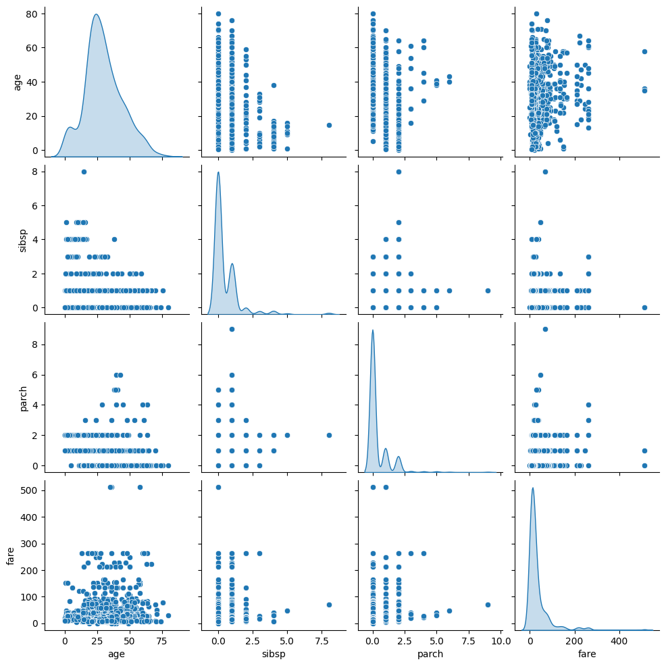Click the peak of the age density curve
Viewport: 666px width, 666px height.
click(x=96, y=15)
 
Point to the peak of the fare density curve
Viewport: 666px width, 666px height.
click(x=533, y=488)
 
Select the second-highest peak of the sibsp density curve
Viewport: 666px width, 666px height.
click(x=232, y=263)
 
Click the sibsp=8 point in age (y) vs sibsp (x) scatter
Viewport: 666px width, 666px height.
click(x=329, y=125)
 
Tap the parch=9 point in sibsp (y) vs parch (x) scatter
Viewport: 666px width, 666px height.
click(x=488, y=290)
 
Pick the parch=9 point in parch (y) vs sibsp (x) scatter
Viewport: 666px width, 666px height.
click(x=232, y=329)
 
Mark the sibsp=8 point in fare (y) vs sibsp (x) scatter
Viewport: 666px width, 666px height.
click(x=329, y=605)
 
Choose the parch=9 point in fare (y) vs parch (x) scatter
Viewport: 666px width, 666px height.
click(x=488, y=605)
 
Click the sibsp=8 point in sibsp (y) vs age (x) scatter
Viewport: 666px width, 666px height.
click(x=84, y=172)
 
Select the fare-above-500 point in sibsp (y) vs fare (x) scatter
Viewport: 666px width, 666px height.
click(x=644, y=307)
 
